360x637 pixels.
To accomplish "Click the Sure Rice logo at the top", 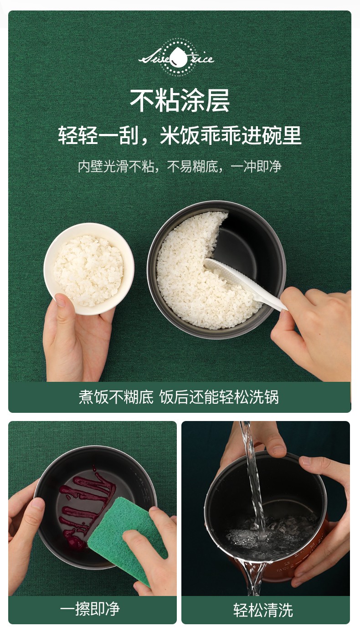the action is [176, 58].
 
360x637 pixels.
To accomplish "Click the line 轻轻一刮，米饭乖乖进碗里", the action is [180, 135].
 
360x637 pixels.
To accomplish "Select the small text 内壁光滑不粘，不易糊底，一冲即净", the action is [180, 167].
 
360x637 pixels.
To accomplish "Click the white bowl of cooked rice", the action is [89, 268].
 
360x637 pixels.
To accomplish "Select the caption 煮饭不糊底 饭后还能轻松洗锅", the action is [179, 397].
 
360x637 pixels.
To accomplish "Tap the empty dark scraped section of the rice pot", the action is [247, 236].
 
